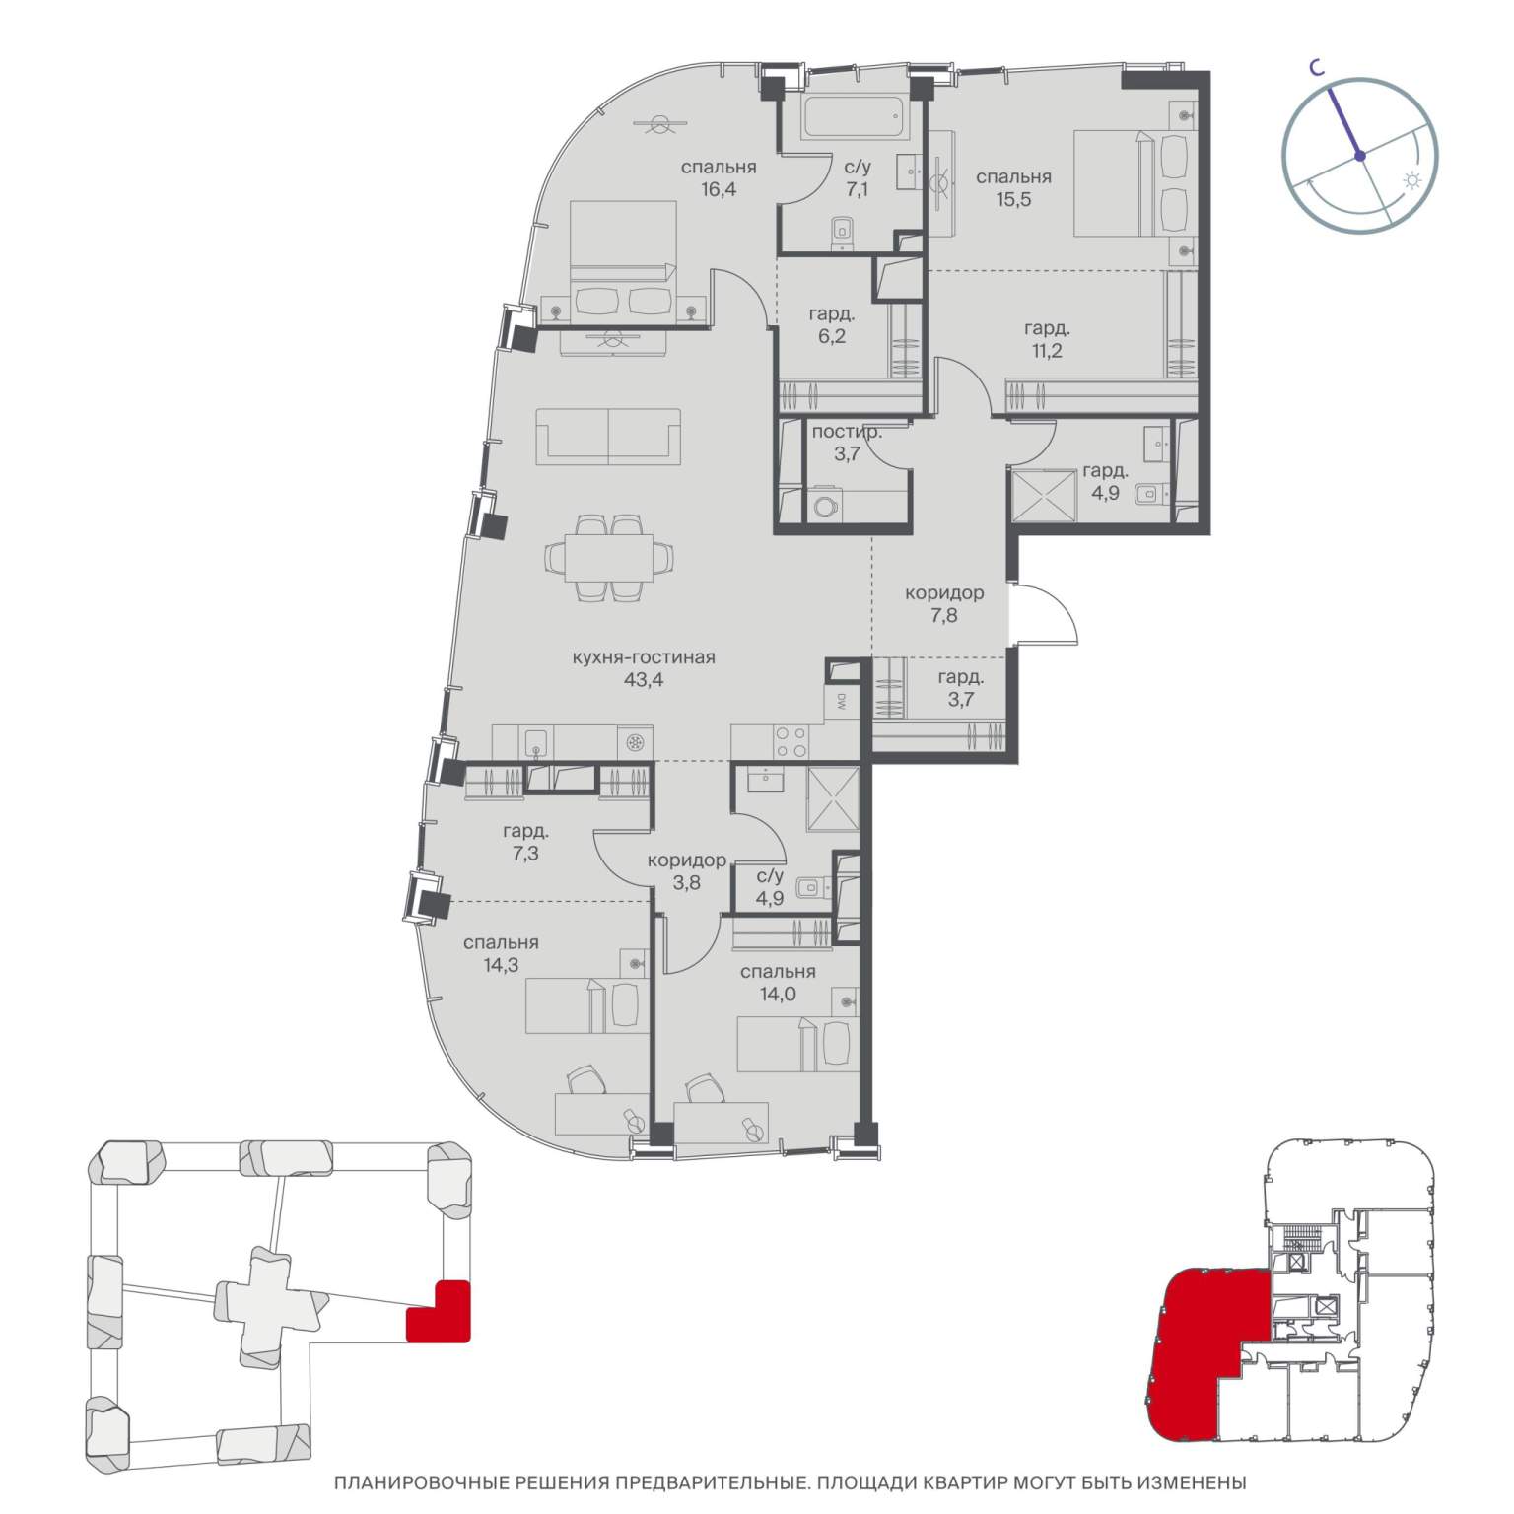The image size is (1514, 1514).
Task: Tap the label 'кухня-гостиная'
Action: click(x=642, y=657)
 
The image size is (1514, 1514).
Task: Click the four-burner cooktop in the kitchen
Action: click(x=792, y=741)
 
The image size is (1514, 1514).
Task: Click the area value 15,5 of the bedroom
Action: click(x=1013, y=200)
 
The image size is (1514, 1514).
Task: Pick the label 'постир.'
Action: click(x=846, y=432)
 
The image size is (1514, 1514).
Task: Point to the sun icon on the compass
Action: click(x=1412, y=182)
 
